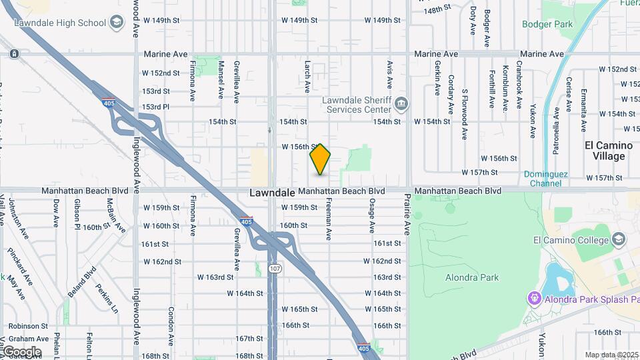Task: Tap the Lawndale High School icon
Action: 117,23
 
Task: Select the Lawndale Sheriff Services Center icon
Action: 401,103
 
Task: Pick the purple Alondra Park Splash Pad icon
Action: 533,297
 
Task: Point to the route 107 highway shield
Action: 274,268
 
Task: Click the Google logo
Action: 21,351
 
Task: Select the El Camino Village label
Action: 605,151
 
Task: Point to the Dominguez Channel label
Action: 545,178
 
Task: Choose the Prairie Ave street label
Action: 407,215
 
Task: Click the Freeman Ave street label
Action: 328,222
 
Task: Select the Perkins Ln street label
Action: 107,299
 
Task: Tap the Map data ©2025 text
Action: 611,355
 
